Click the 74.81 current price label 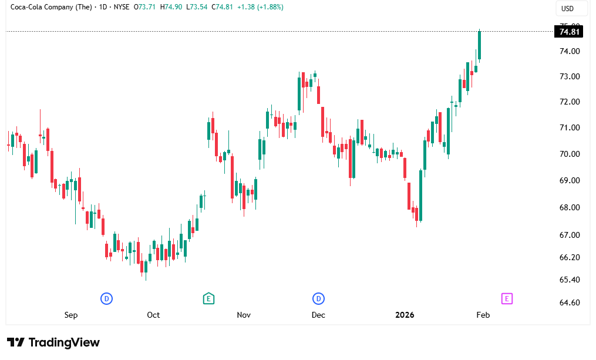coord(571,32)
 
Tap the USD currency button coord(567,8)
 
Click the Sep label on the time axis coord(71,315)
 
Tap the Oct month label coord(153,315)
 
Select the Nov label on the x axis coord(244,315)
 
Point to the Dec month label coord(318,315)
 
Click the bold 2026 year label coord(405,315)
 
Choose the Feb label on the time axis coord(483,315)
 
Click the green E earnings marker coord(208,298)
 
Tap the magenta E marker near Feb coord(507,298)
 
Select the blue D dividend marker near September coord(107,298)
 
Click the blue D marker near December coord(319,298)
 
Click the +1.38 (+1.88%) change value coord(258,7)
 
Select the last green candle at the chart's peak coord(480,45)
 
